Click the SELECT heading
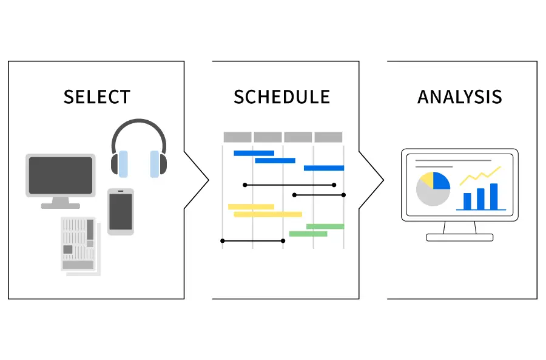(x=96, y=97)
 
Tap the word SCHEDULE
(x=281, y=97)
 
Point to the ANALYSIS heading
(x=460, y=97)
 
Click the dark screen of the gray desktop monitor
(x=61, y=174)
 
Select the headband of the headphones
(x=138, y=125)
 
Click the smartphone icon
(x=121, y=211)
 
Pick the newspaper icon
(x=78, y=243)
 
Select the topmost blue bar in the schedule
(x=254, y=153)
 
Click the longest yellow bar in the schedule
(x=268, y=214)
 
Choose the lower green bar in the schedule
(x=308, y=234)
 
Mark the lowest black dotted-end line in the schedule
(x=253, y=241)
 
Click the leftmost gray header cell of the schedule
(x=237, y=137)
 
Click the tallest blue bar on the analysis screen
(x=493, y=196)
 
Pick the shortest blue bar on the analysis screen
(x=467, y=201)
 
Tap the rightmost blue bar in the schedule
(x=323, y=168)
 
